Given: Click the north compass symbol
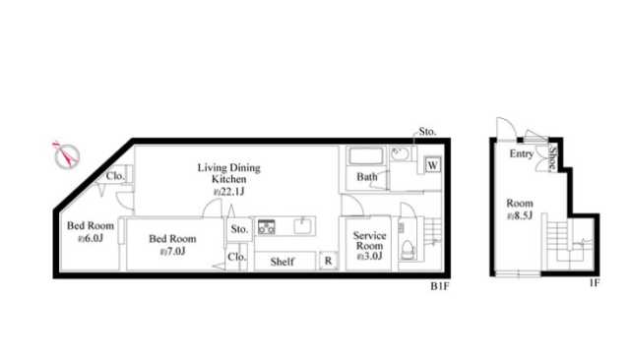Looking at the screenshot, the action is [66, 154].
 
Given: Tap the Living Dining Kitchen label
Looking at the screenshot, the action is [229, 179].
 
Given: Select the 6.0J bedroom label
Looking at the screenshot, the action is [91, 231].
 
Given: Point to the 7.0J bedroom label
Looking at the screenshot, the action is [173, 244].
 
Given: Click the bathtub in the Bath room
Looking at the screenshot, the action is [365, 156].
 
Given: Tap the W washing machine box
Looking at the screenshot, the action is [433, 165].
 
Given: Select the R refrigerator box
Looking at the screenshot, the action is [328, 261].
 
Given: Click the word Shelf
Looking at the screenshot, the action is [283, 262].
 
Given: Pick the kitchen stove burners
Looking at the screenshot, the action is [267, 227].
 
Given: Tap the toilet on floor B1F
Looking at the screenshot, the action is [408, 250].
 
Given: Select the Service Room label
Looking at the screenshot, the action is [370, 245].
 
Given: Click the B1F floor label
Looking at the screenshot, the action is [440, 286].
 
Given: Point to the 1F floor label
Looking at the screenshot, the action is [595, 282].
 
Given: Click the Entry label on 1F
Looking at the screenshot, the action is [522, 153].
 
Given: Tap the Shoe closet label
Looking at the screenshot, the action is [552, 157].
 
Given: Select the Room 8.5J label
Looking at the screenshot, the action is [520, 210].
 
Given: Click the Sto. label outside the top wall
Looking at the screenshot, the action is [427, 132].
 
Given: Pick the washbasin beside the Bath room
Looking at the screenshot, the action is [400, 153].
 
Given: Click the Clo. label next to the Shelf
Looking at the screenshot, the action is [236, 257].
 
